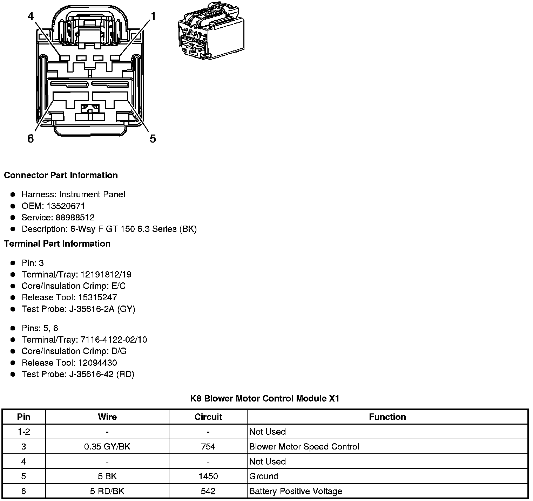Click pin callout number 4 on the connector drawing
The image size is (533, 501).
point(31,16)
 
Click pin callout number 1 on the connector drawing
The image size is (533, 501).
point(153,16)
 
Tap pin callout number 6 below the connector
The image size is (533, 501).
point(31,139)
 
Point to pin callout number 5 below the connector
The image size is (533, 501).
point(153,139)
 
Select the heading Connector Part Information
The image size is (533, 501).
point(61,175)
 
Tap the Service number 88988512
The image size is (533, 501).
point(75,218)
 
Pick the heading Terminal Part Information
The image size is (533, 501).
point(57,243)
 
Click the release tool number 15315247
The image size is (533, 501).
point(97,297)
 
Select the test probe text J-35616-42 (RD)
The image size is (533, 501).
point(102,374)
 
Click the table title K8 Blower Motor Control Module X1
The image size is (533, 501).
point(265,398)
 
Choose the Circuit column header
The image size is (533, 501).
point(208,417)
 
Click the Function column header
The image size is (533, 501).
point(387,417)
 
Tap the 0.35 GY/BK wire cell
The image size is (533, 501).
point(107,447)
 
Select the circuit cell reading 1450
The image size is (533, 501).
point(208,476)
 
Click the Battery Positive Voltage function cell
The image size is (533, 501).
point(295,491)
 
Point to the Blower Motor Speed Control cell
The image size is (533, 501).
point(304,447)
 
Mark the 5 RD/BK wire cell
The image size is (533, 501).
point(107,491)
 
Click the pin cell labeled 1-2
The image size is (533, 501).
point(24,432)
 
